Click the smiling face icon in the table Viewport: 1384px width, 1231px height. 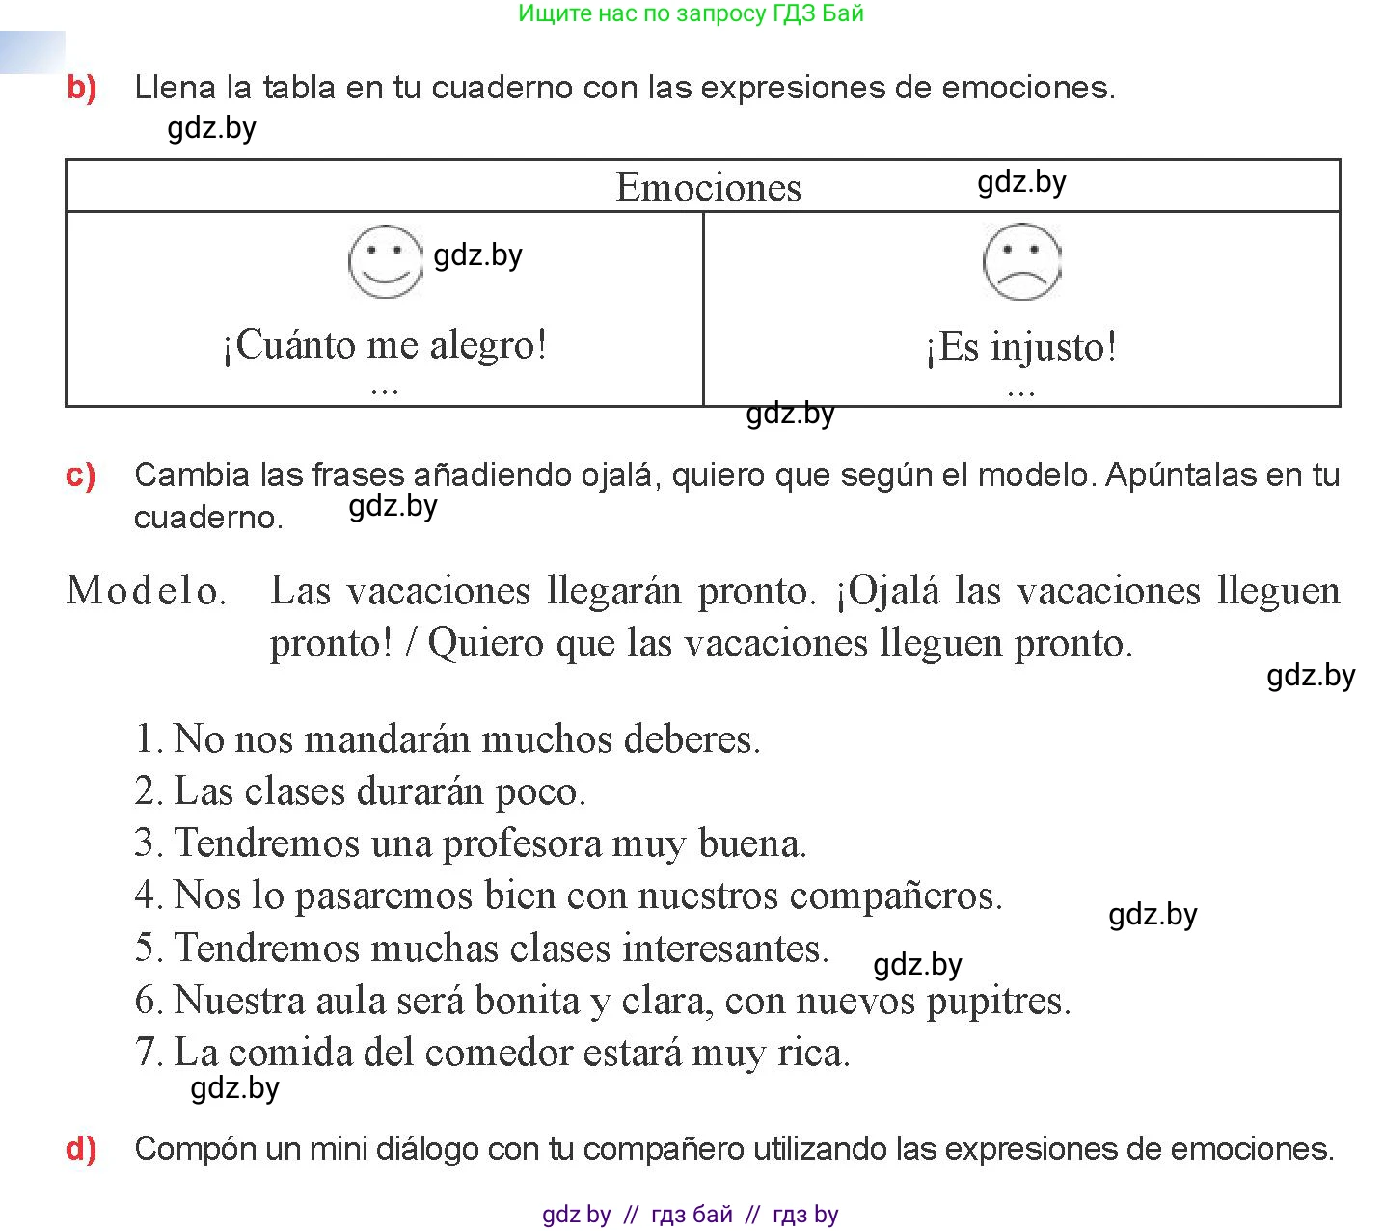[385, 262]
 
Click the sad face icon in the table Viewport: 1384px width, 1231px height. [1021, 262]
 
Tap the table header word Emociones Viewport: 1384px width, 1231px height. [708, 187]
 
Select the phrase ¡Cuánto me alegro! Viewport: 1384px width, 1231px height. [385, 344]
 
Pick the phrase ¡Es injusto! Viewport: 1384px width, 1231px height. [1020, 347]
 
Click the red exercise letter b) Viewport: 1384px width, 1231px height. [82, 88]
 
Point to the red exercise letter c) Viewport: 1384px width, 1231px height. [81, 475]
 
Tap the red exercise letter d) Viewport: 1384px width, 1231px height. [82, 1149]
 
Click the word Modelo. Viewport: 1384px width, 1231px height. [146, 590]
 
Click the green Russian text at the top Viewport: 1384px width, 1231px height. [691, 13]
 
